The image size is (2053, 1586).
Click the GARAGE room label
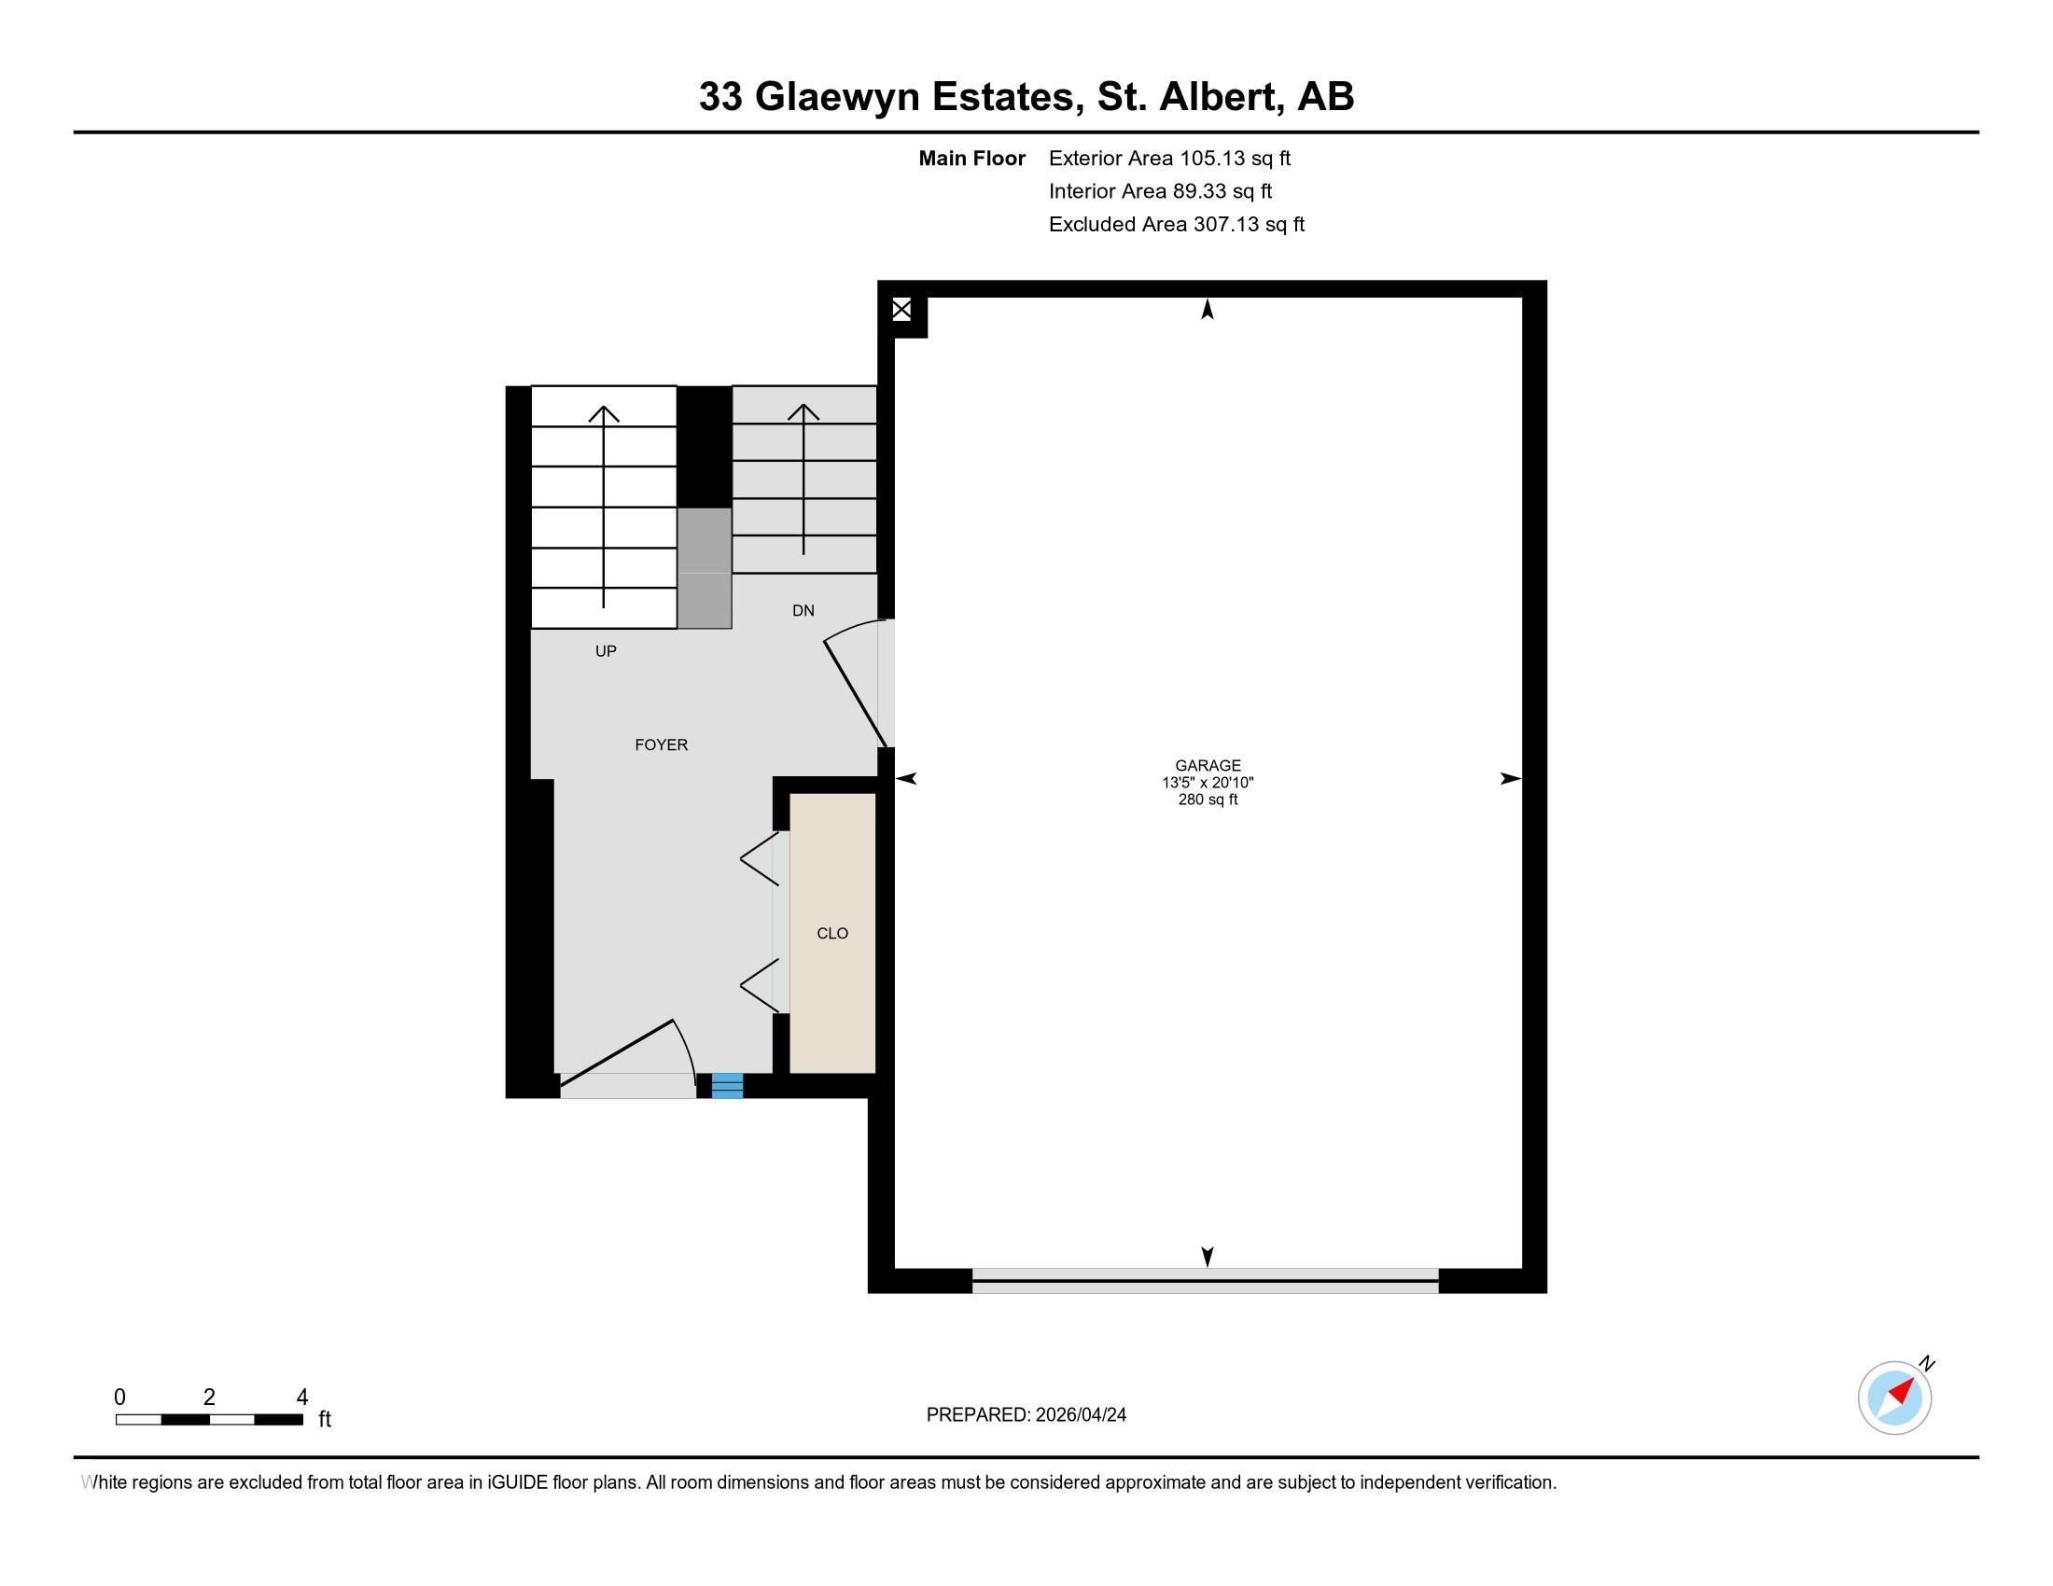click(1207, 765)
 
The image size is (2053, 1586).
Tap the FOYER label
click(661, 744)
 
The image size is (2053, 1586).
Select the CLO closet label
click(831, 933)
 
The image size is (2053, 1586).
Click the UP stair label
click(606, 650)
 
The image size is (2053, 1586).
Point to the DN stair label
click(803, 611)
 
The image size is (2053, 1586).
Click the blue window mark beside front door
click(727, 1085)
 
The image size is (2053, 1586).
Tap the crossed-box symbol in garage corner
click(901, 309)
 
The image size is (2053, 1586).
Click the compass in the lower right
click(1894, 1397)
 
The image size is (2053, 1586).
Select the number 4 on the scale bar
click(301, 1398)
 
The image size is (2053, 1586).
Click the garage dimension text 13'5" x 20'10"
click(1207, 782)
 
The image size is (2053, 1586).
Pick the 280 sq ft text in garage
click(1207, 800)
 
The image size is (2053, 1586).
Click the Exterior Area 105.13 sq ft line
click(1169, 158)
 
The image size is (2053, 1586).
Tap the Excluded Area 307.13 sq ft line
click(1176, 224)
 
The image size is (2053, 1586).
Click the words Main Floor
click(971, 158)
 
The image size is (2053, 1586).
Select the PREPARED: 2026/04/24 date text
click(1026, 1414)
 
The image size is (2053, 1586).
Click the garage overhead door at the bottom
click(1205, 1280)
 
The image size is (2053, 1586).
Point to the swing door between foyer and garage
click(855, 691)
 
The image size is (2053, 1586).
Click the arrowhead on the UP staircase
click(604, 413)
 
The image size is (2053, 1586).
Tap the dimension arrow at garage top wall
click(1207, 309)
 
